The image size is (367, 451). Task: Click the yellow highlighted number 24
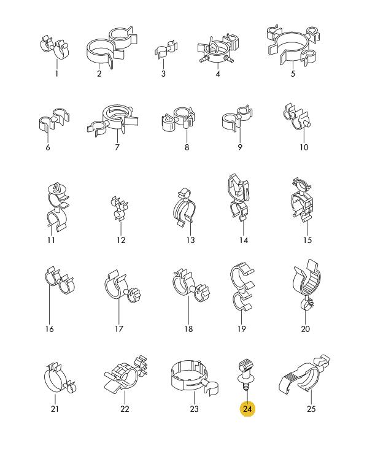[x=247, y=409]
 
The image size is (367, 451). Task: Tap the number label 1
[x=56, y=74]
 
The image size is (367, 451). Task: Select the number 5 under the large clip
[x=293, y=74]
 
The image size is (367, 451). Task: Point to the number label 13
[x=191, y=240]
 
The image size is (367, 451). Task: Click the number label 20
[x=306, y=328]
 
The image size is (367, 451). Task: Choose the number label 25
[x=311, y=409]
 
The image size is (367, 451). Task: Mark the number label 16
[x=50, y=328]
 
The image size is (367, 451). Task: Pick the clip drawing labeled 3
[x=166, y=49]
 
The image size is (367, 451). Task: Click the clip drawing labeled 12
[x=120, y=209]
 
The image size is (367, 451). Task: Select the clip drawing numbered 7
[x=112, y=120]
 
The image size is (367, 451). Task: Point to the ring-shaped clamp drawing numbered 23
[x=195, y=377]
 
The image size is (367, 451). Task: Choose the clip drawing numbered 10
[x=298, y=117]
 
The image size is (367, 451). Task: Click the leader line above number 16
[x=50, y=303]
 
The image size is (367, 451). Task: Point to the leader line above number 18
[x=188, y=309]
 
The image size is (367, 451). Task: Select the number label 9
[x=240, y=147]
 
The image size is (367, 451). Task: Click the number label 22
[x=125, y=409]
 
